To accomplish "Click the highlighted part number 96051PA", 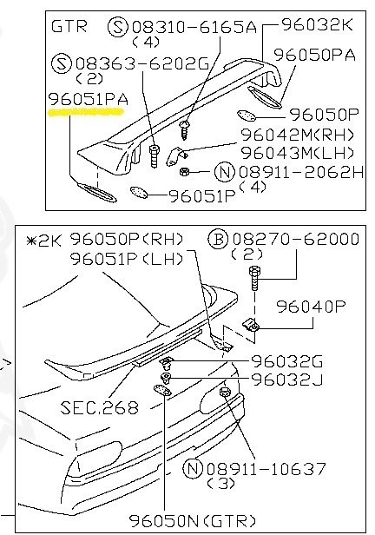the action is tap(89, 99).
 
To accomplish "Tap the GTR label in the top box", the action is tap(69, 26).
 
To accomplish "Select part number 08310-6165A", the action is tap(194, 27).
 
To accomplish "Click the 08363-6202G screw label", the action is tap(141, 63).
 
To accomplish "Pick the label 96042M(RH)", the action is tap(297, 135).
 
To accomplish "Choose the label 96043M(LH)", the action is tap(297, 153).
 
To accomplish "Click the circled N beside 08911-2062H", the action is tap(225, 171).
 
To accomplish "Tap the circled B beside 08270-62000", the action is tap(218, 239).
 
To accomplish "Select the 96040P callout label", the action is tap(311, 307).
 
